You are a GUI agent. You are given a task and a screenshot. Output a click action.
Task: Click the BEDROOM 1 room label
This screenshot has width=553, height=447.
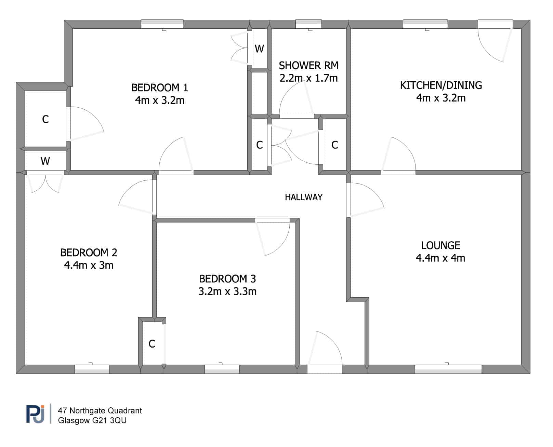click(159, 87)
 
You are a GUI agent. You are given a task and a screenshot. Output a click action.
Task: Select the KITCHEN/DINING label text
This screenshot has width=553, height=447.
click(440, 85)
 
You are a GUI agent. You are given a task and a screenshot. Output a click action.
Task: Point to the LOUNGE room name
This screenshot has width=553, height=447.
click(440, 245)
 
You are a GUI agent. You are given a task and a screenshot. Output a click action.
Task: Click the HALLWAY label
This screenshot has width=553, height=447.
click(303, 197)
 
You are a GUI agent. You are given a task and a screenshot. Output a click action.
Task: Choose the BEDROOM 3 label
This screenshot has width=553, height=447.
click(227, 279)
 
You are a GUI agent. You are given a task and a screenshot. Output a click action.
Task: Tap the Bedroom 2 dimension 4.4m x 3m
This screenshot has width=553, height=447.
click(89, 265)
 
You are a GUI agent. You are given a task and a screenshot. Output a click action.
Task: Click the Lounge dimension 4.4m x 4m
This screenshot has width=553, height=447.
click(440, 258)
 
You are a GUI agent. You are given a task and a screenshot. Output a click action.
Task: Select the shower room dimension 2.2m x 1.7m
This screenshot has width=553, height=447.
click(308, 78)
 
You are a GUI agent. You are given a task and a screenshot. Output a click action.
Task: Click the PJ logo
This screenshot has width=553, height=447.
click(35, 414)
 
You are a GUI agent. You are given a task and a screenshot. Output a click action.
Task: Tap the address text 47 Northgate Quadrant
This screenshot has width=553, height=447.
click(100, 410)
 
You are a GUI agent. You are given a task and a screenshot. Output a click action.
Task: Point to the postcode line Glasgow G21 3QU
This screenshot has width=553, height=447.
click(92, 420)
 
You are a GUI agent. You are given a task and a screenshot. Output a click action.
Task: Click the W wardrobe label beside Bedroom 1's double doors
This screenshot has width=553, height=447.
click(259, 49)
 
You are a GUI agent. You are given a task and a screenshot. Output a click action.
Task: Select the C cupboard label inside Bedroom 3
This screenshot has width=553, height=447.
click(152, 344)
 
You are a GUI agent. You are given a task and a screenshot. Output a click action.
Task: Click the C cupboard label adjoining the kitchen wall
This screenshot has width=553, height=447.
click(334, 145)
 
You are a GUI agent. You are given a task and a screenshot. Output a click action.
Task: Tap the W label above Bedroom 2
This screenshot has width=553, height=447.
click(45, 161)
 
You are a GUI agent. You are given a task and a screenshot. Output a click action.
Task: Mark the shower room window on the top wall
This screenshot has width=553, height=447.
click(308, 24)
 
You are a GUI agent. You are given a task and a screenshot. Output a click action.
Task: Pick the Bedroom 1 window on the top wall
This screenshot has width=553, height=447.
click(162, 24)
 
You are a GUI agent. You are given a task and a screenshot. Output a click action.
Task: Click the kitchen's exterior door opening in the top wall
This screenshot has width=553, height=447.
click(495, 24)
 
